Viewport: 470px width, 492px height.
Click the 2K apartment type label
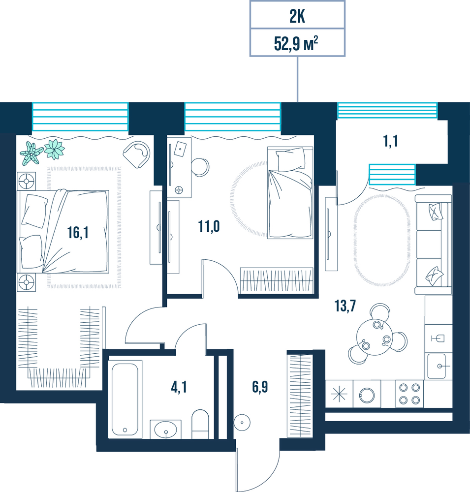pos(297,17)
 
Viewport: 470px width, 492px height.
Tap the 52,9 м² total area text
pos(296,43)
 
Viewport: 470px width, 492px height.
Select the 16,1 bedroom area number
pos(78,233)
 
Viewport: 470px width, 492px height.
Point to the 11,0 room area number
pos(209,226)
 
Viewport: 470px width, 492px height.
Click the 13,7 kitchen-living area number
pos(345,306)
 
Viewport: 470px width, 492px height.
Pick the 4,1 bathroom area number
pos(179,387)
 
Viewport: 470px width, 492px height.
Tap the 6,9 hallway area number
pos(260,387)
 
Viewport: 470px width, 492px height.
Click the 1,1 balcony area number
pos(391,141)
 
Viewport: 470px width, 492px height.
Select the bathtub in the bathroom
pos(125,399)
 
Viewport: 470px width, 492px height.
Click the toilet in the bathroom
pos(200,424)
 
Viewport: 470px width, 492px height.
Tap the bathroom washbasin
pos(165,429)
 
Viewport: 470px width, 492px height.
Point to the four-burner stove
pos(409,394)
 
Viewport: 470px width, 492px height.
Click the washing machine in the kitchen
pos(367,394)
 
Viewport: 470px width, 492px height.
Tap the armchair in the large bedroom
pos(137,154)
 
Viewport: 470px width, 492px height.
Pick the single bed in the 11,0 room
pos(290,192)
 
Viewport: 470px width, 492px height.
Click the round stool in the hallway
pos(242,422)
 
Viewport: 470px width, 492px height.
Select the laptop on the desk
pos(180,149)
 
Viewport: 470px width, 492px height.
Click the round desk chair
pos(200,167)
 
